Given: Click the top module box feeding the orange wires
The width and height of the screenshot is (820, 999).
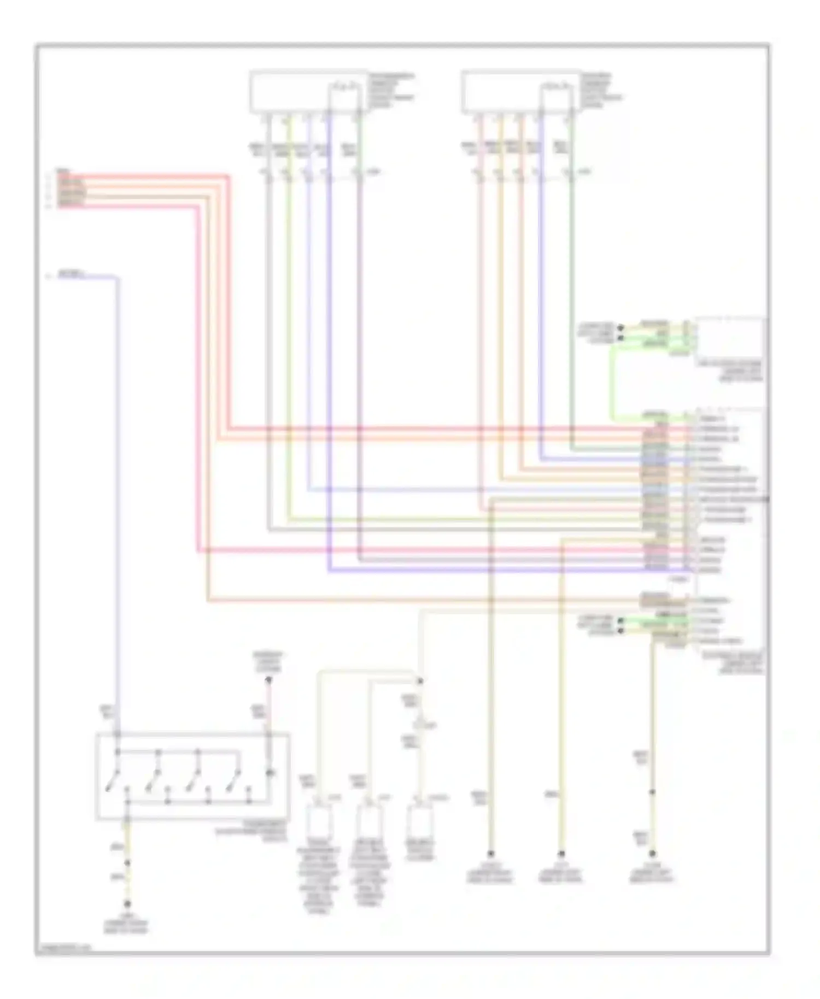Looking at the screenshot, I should pos(520,92).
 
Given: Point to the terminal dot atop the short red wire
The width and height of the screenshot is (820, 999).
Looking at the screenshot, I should pos(268,680).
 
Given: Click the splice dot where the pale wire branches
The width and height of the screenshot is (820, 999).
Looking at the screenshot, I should pos(420,681).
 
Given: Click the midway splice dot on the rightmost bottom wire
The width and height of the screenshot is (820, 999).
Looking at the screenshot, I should pos(652,792).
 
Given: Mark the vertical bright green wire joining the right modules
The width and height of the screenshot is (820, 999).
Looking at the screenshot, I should pos(612,383).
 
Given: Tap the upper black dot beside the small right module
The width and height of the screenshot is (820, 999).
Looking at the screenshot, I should pos(620,328).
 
